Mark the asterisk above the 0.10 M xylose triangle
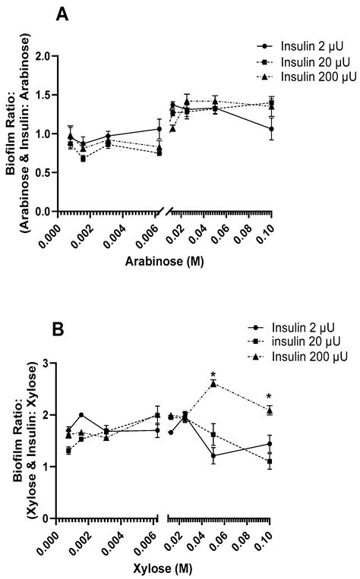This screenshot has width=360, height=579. coord(270,396)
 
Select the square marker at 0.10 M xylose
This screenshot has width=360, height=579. coord(270,461)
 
